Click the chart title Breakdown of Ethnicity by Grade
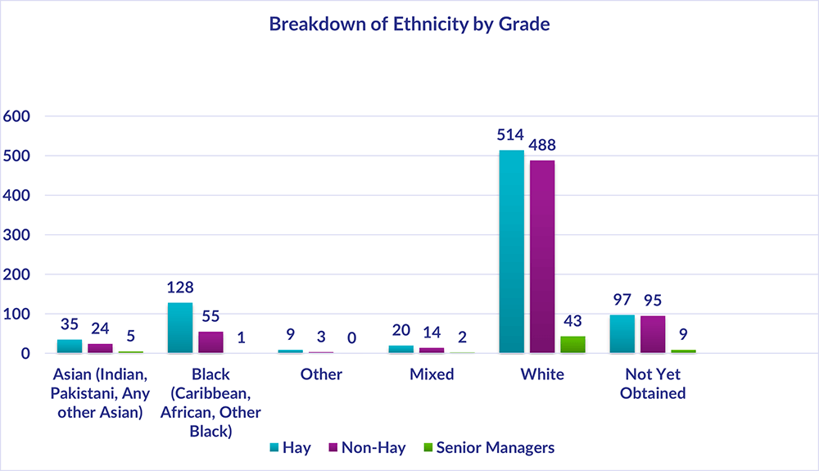tap(409, 25)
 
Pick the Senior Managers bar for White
tap(572, 344)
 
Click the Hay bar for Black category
tap(180, 328)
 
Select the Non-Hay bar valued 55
tap(210, 342)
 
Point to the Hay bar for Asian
tap(70, 346)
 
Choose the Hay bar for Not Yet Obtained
tap(622, 334)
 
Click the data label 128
tap(180, 288)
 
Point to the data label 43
tap(572, 322)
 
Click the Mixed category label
tap(431, 374)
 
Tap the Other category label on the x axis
tap(320, 374)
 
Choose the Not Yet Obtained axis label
tap(653, 383)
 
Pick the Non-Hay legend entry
tap(365, 447)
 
